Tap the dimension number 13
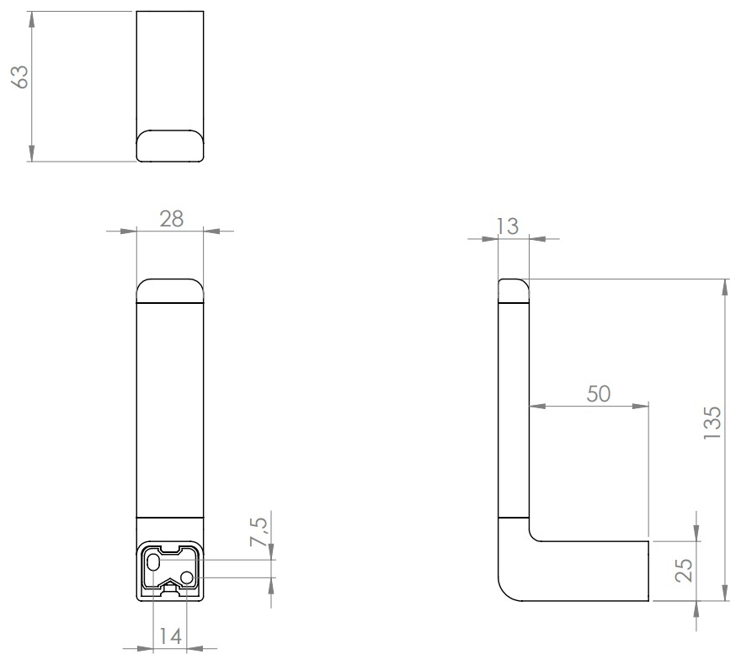pyautogui.click(x=507, y=226)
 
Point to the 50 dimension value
pyautogui.click(x=599, y=393)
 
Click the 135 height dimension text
pyautogui.click(x=712, y=423)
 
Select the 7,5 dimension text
pyautogui.click(x=260, y=535)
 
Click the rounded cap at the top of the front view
pyautogui.click(x=170, y=290)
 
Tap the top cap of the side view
pyautogui.click(x=513, y=289)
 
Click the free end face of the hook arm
pyautogui.click(x=649, y=571)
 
